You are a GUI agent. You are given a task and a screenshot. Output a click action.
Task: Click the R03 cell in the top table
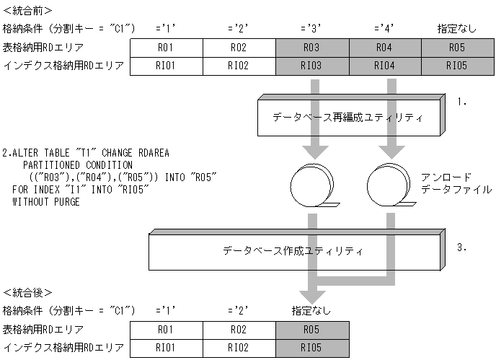(x=312, y=48)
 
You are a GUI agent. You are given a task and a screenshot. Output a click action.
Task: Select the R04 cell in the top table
(x=385, y=48)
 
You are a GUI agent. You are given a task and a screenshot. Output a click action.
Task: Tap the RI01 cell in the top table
(x=166, y=66)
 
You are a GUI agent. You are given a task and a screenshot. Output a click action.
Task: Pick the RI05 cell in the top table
(x=458, y=66)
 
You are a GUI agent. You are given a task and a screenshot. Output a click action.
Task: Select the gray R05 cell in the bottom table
(x=312, y=331)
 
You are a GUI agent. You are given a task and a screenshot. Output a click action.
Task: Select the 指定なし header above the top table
(x=457, y=29)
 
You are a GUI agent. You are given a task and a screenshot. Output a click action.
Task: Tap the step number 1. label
(x=462, y=102)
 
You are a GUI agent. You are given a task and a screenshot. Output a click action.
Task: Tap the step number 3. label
(x=462, y=247)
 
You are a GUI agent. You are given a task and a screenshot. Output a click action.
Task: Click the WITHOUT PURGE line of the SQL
(x=46, y=201)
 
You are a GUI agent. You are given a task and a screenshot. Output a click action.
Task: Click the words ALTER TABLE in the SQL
(x=43, y=152)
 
